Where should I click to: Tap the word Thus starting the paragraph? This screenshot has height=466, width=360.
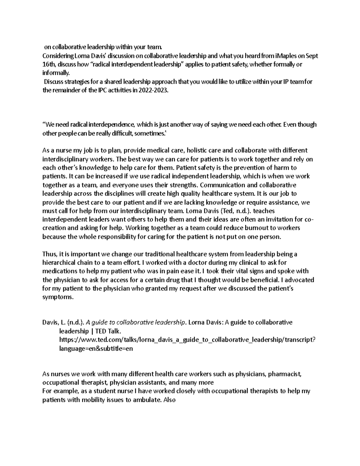tap(49, 254)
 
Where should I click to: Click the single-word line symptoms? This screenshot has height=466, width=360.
tap(58, 297)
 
